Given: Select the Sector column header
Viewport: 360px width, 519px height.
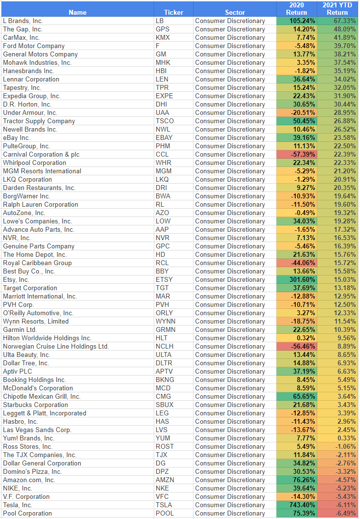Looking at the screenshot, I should pyautogui.click(x=235, y=12).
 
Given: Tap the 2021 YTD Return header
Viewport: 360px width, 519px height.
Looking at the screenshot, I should pyautogui.click(x=337, y=9).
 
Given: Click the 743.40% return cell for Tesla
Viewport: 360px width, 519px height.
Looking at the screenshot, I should pyautogui.click(x=296, y=505).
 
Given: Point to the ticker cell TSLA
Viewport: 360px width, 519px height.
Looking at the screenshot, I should pyautogui.click(x=164, y=505).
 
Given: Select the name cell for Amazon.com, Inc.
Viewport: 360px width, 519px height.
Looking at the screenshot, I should pyautogui.click(x=29, y=480).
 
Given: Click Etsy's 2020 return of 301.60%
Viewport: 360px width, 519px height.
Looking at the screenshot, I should pyautogui.click(x=296, y=279).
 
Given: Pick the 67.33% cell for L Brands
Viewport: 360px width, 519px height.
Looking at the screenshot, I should pyautogui.click(x=337, y=21).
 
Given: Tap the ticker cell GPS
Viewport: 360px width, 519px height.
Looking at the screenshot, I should pyautogui.click(x=163, y=29).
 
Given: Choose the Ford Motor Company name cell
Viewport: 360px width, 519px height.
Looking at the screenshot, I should pyautogui.click(x=34, y=46).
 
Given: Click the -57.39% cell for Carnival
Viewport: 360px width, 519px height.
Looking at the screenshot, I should pyautogui.click(x=296, y=154).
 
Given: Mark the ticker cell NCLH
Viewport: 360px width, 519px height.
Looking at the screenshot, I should pyautogui.click(x=166, y=346).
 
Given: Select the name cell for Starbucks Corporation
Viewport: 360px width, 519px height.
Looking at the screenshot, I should pyautogui.click(x=35, y=405).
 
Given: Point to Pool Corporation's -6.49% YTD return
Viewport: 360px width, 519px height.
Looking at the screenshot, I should pyautogui.click(x=337, y=513).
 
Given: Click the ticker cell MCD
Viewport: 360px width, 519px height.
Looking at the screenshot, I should pyautogui.click(x=163, y=388).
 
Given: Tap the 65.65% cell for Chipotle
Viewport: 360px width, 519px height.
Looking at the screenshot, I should pyautogui.click(x=296, y=396).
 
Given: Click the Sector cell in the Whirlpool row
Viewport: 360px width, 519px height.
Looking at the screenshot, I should pyautogui.click(x=230, y=163).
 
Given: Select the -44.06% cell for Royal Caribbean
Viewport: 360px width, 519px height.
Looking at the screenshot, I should pyautogui.click(x=296, y=263).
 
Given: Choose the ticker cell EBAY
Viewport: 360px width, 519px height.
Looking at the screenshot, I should pyautogui.click(x=164, y=137).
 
